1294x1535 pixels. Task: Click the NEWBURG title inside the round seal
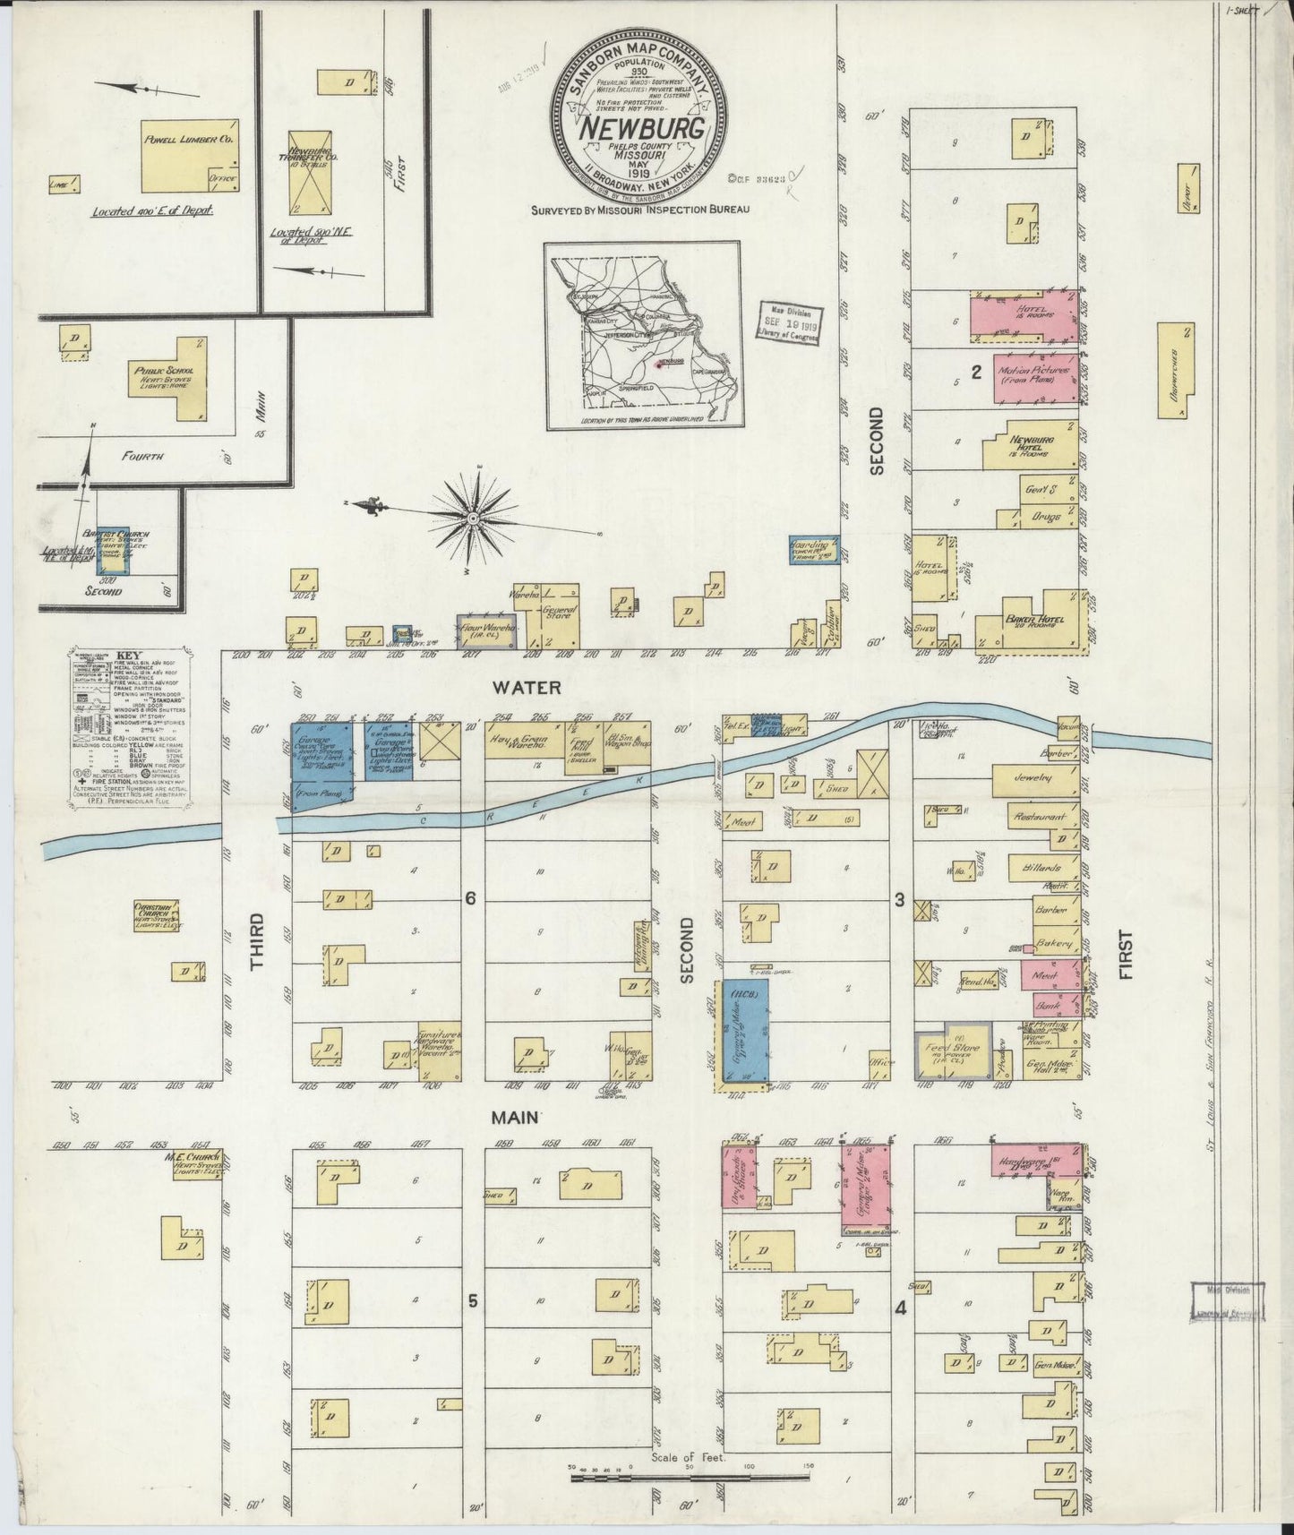pyautogui.click(x=641, y=127)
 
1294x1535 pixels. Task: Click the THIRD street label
pyautogui.click(x=258, y=942)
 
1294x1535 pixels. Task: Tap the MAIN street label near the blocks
pyautogui.click(x=515, y=1118)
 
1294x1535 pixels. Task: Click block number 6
pyautogui.click(x=468, y=899)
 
